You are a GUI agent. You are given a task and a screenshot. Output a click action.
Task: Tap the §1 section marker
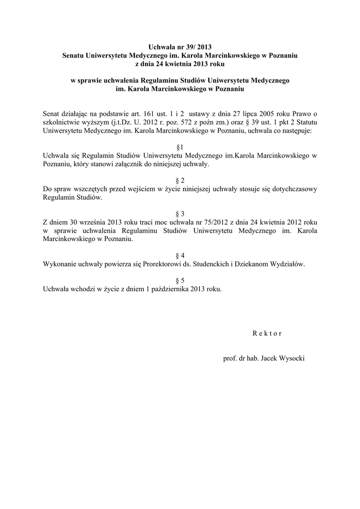point(180,148)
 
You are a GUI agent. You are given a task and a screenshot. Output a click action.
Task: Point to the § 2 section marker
point(180,180)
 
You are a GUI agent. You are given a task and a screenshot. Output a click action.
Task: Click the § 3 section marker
point(180,213)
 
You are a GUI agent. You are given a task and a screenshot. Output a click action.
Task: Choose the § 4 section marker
point(180,255)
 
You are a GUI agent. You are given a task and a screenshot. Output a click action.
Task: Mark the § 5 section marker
point(180,280)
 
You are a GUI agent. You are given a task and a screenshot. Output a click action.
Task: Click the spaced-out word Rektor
point(267,333)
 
